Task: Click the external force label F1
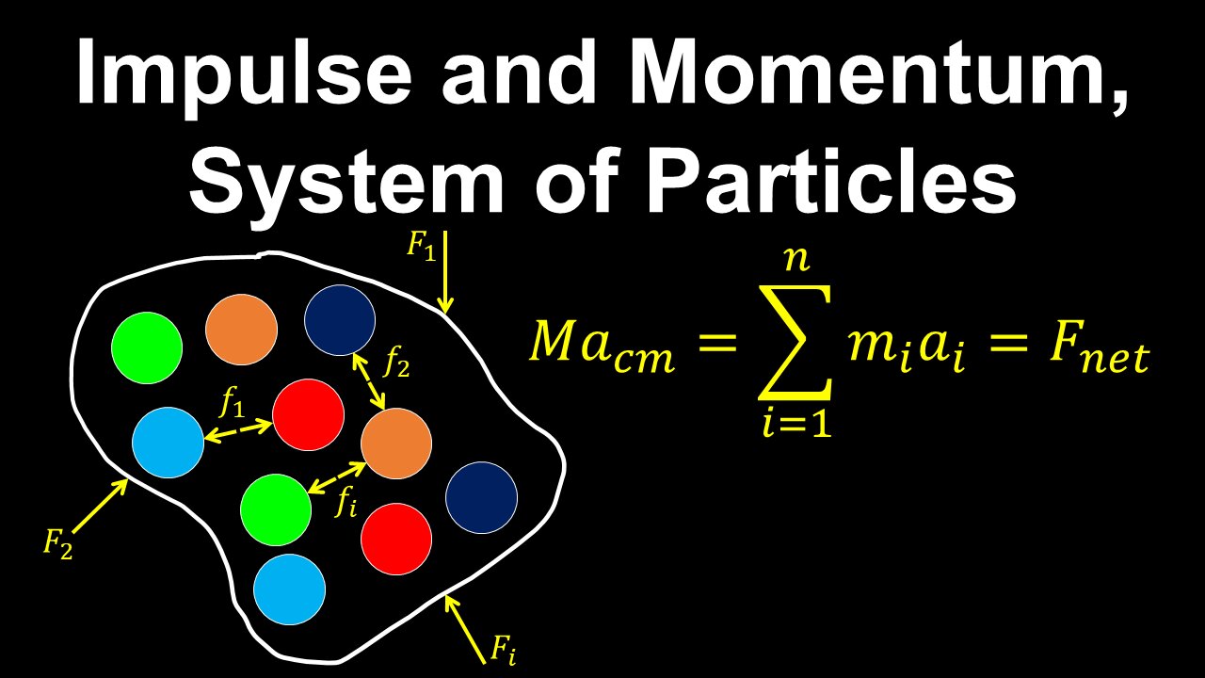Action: pyautogui.click(x=421, y=247)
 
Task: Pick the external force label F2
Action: pyautogui.click(x=57, y=543)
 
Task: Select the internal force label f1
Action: pyautogui.click(x=232, y=405)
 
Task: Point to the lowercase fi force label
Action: pyautogui.click(x=346, y=503)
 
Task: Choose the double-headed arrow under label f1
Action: pyautogui.click(x=238, y=430)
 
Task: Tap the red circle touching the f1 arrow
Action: pyautogui.click(x=308, y=415)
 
